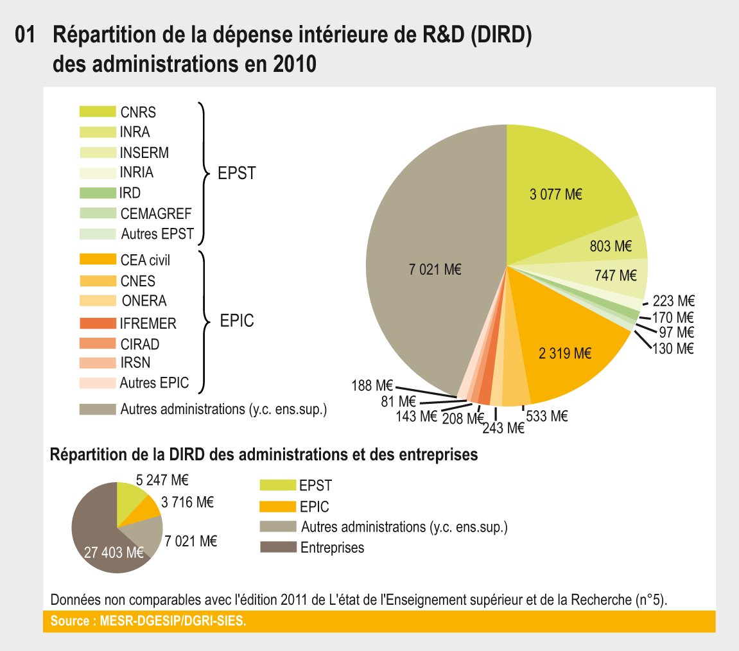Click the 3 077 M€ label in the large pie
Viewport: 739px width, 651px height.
click(555, 195)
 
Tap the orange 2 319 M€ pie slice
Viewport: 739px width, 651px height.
click(565, 352)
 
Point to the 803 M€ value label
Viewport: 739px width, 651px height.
click(611, 246)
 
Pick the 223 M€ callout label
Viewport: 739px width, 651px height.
click(673, 301)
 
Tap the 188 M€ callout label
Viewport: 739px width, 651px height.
click(372, 386)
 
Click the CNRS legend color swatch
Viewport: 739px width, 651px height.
click(97, 112)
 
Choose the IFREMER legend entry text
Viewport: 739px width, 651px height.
click(148, 324)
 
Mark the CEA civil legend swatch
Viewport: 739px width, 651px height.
click(97, 260)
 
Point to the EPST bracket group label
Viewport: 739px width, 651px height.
click(237, 174)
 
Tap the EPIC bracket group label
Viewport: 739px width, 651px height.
click(237, 321)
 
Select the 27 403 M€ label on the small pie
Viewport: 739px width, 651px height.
click(113, 551)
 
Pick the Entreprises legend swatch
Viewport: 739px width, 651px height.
click(278, 548)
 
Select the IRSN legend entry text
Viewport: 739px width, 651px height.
click(135, 363)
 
